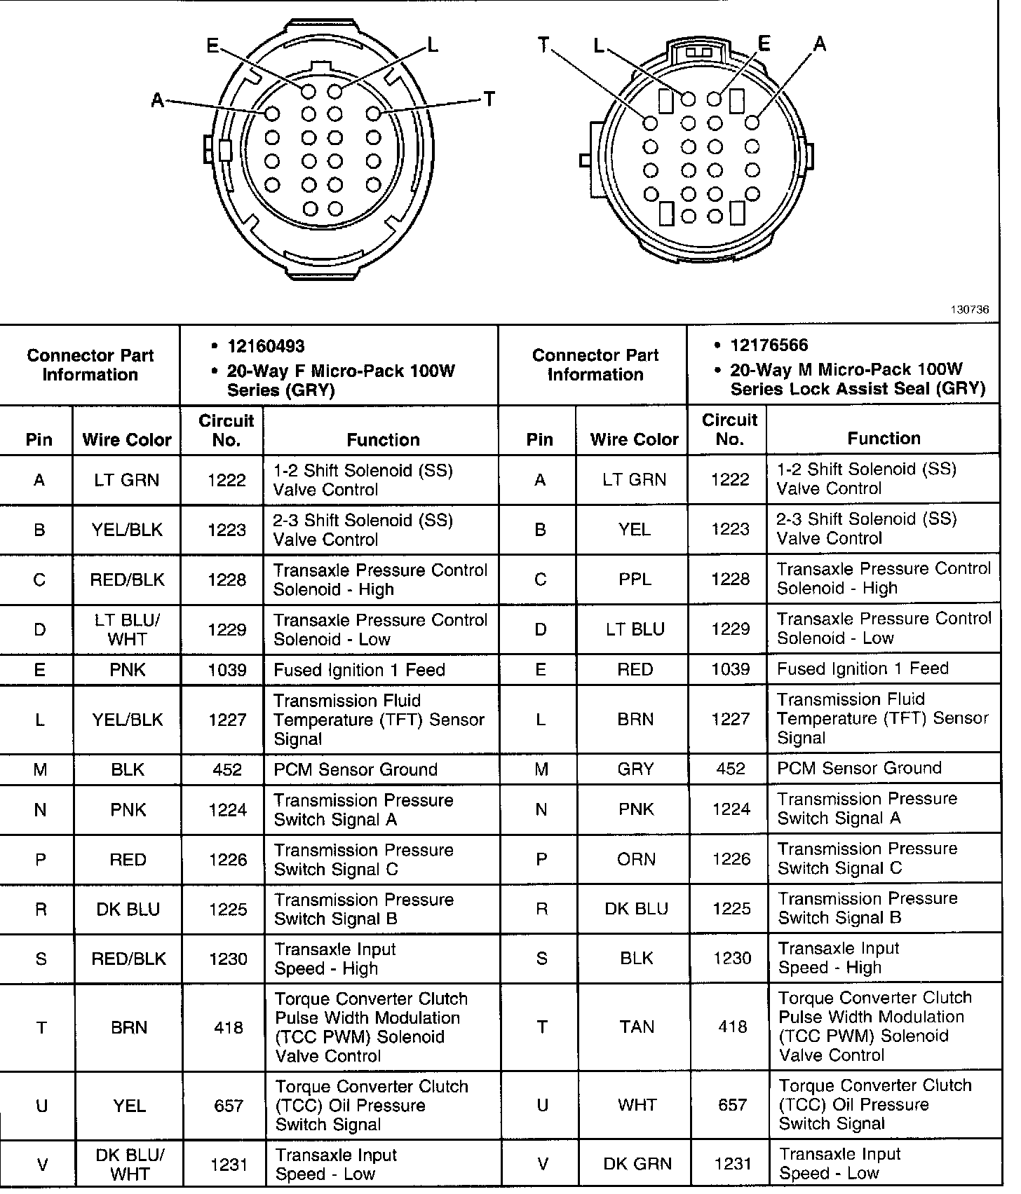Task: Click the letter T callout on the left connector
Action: pyautogui.click(x=489, y=99)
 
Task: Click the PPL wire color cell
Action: pyautogui.click(x=635, y=579)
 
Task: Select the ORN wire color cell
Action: pyautogui.click(x=636, y=859)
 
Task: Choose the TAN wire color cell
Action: pyautogui.click(x=636, y=1027)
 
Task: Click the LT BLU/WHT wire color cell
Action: pyautogui.click(x=127, y=629)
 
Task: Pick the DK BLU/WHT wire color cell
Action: pyautogui.click(x=129, y=1164)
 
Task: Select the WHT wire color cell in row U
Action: pyautogui.click(x=636, y=1105)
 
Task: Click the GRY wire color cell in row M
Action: pyautogui.click(x=635, y=769)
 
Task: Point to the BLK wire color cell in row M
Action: pyautogui.click(x=128, y=769)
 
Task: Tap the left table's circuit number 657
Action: pyautogui.click(x=228, y=1106)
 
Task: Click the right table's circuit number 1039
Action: pyautogui.click(x=731, y=669)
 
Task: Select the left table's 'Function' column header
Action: pyautogui.click(x=383, y=439)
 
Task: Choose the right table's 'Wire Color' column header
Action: pyautogui.click(x=634, y=439)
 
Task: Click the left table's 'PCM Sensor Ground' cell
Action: pyautogui.click(x=356, y=769)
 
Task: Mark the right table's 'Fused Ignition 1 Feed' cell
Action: pyautogui.click(x=863, y=668)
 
